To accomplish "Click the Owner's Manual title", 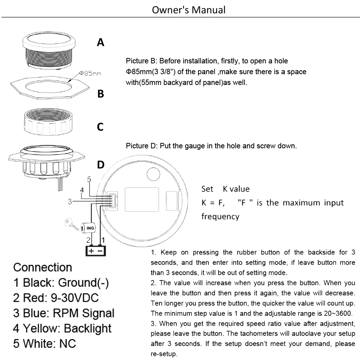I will pyautogui.click(x=189, y=9).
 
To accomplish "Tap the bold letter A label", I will pyautogui.click(x=101, y=43).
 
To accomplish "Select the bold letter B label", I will pyautogui.click(x=101, y=94).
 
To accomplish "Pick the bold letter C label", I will pyautogui.click(x=100, y=127).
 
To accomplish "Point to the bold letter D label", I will pyautogui.click(x=101, y=165).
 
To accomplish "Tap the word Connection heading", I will pyautogui.click(x=42, y=267).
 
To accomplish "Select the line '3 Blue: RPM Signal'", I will pyautogui.click(x=64, y=313).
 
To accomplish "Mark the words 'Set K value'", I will pyautogui.click(x=225, y=189).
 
